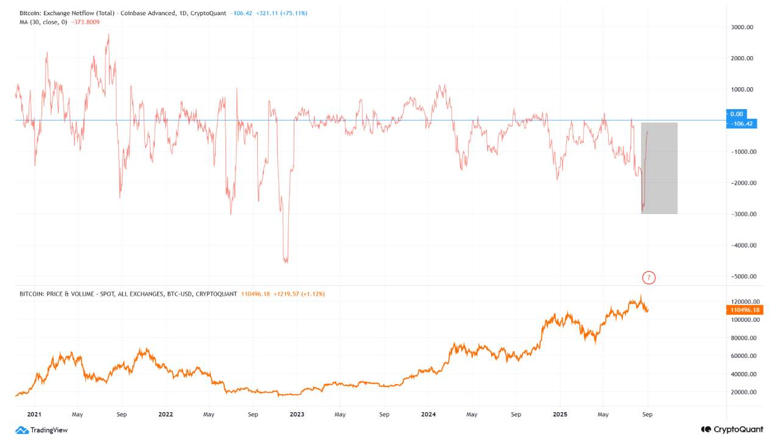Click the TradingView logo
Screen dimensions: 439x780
pyautogui.click(x=41, y=430)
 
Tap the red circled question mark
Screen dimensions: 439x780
pyautogui.click(x=649, y=278)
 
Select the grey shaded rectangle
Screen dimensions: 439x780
pyautogui.click(x=659, y=168)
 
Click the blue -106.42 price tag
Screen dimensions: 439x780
pyautogui.click(x=742, y=124)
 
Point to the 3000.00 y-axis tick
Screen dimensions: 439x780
pyautogui.click(x=742, y=27)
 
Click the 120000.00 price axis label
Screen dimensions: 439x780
pyautogui.click(x=745, y=302)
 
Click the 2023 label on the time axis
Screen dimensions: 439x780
pyautogui.click(x=297, y=414)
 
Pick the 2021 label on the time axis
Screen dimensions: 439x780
pyautogui.click(x=34, y=414)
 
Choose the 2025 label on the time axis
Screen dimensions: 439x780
pyautogui.click(x=559, y=414)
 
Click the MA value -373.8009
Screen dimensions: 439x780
pyautogui.click(x=86, y=22)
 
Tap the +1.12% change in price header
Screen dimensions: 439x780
pyautogui.click(x=313, y=294)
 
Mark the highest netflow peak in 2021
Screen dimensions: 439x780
pyautogui.click(x=108, y=35)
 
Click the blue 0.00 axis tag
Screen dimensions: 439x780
pyautogui.click(x=737, y=114)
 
